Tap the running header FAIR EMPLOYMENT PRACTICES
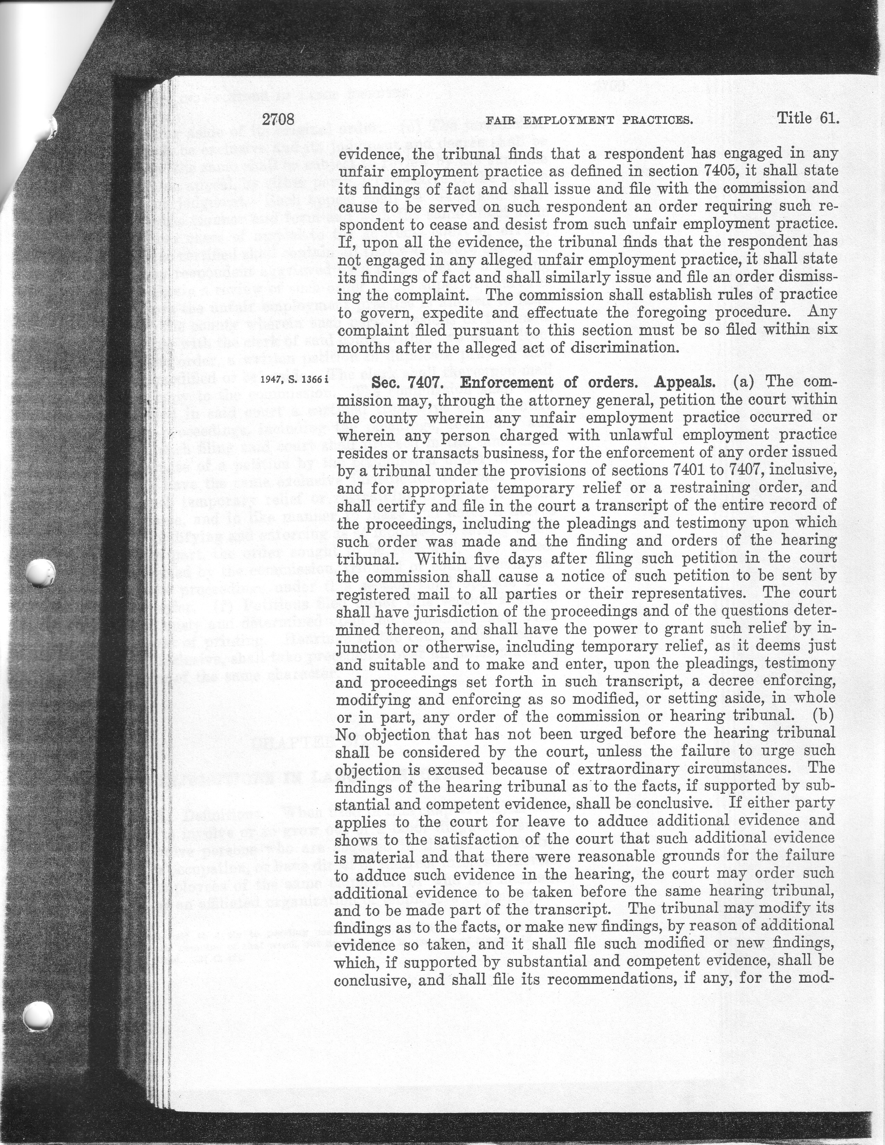pyautogui.click(x=590, y=121)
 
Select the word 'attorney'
pyautogui.click(x=524, y=400)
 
